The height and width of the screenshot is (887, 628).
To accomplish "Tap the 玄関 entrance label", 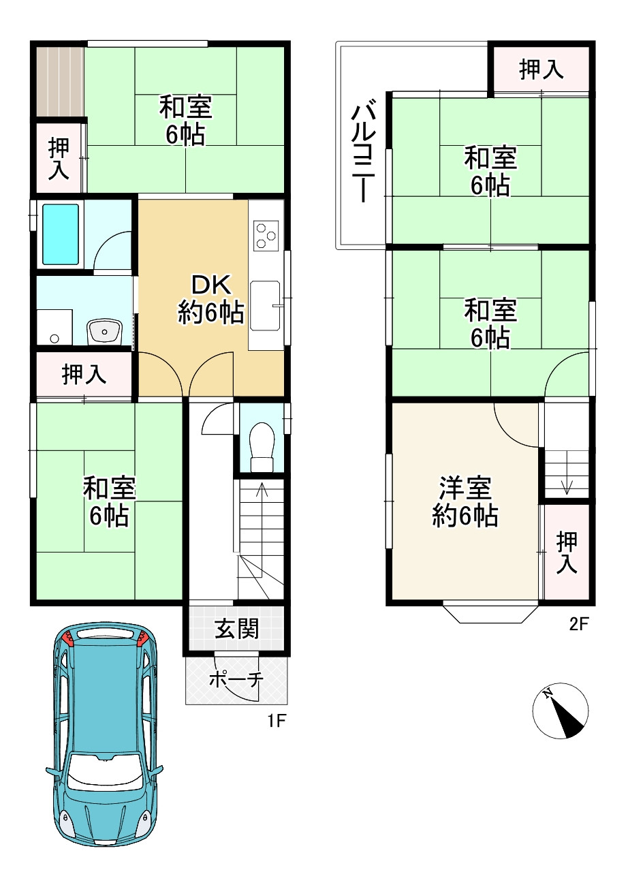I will (236, 628).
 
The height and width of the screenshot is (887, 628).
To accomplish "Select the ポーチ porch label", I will (236, 679).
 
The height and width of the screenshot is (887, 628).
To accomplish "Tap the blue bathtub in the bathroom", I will (61, 234).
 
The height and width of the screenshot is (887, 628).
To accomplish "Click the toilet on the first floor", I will (262, 444).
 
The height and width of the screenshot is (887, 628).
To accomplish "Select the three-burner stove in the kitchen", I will (266, 236).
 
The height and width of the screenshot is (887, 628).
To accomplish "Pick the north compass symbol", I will (561, 710).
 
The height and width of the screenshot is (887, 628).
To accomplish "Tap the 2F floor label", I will (578, 623).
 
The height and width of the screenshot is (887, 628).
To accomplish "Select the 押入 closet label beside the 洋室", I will (567, 552).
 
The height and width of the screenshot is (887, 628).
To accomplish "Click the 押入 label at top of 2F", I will (541, 69).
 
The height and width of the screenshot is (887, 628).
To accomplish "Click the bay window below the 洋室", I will (490, 612).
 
